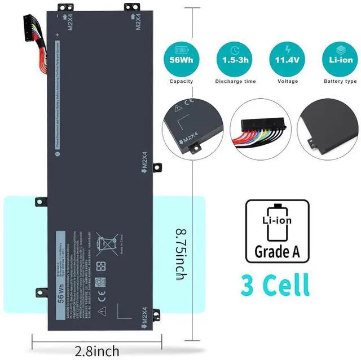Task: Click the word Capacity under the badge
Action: tap(182, 81)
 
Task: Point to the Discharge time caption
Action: tap(235, 81)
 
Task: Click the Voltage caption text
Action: tap(288, 81)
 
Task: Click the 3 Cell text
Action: tap(276, 285)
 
